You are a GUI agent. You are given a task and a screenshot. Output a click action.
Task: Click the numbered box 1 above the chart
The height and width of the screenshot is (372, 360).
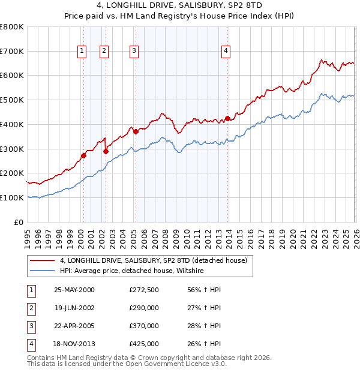pos(82,52)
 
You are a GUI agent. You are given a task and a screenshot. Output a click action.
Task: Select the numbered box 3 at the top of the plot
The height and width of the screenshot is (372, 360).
pos(134,52)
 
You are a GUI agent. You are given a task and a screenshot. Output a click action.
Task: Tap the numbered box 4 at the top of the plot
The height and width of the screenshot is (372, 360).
pos(226,52)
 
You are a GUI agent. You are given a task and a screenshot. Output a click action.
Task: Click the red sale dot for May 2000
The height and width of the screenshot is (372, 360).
pos(84,155)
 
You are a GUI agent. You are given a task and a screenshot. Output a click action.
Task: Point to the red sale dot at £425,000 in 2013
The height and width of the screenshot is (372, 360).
pos(227,118)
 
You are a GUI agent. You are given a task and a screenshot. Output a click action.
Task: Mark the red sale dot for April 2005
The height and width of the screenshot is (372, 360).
pos(136,131)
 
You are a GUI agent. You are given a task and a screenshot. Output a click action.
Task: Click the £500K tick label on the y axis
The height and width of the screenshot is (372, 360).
pos(11,100)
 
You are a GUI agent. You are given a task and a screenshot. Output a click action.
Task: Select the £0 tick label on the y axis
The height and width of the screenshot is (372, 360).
pos(19,222)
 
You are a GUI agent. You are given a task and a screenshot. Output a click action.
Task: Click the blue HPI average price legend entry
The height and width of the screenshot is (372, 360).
pos(132,271)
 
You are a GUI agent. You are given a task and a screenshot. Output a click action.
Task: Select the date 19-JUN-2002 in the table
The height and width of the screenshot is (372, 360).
pos(74,307)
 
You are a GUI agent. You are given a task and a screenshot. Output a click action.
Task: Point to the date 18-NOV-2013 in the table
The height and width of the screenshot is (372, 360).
pos(74,344)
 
